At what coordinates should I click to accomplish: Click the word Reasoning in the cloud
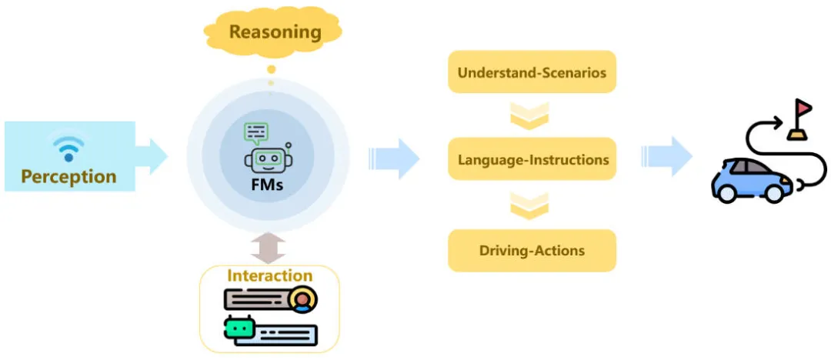(x=275, y=32)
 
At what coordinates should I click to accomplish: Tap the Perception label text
(x=68, y=176)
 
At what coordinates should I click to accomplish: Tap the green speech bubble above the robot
(x=255, y=133)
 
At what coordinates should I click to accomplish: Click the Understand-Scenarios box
(x=532, y=74)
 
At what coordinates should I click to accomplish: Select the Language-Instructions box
(x=532, y=160)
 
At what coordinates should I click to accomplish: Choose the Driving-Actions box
(x=532, y=251)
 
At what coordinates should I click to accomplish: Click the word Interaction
(x=269, y=275)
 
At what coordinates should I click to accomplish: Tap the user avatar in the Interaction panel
(x=303, y=299)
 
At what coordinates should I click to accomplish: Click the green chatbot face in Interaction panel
(x=239, y=328)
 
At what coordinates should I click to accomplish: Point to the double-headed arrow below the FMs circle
(x=268, y=248)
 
